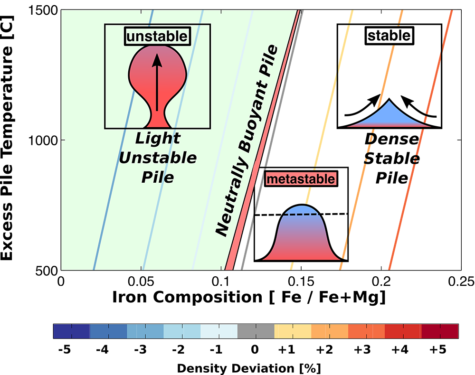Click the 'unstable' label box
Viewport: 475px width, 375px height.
pyautogui.click(x=157, y=36)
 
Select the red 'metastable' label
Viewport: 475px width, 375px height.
pyautogui.click(x=301, y=179)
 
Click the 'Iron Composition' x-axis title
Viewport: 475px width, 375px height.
pyautogui.click(x=248, y=298)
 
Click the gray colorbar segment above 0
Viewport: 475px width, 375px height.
pyautogui.click(x=256, y=331)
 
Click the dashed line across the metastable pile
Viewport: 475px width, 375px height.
pyautogui.click(x=302, y=215)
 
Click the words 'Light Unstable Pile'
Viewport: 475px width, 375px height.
pyautogui.click(x=158, y=158)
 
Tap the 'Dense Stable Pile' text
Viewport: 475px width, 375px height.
pyautogui.click(x=391, y=159)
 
